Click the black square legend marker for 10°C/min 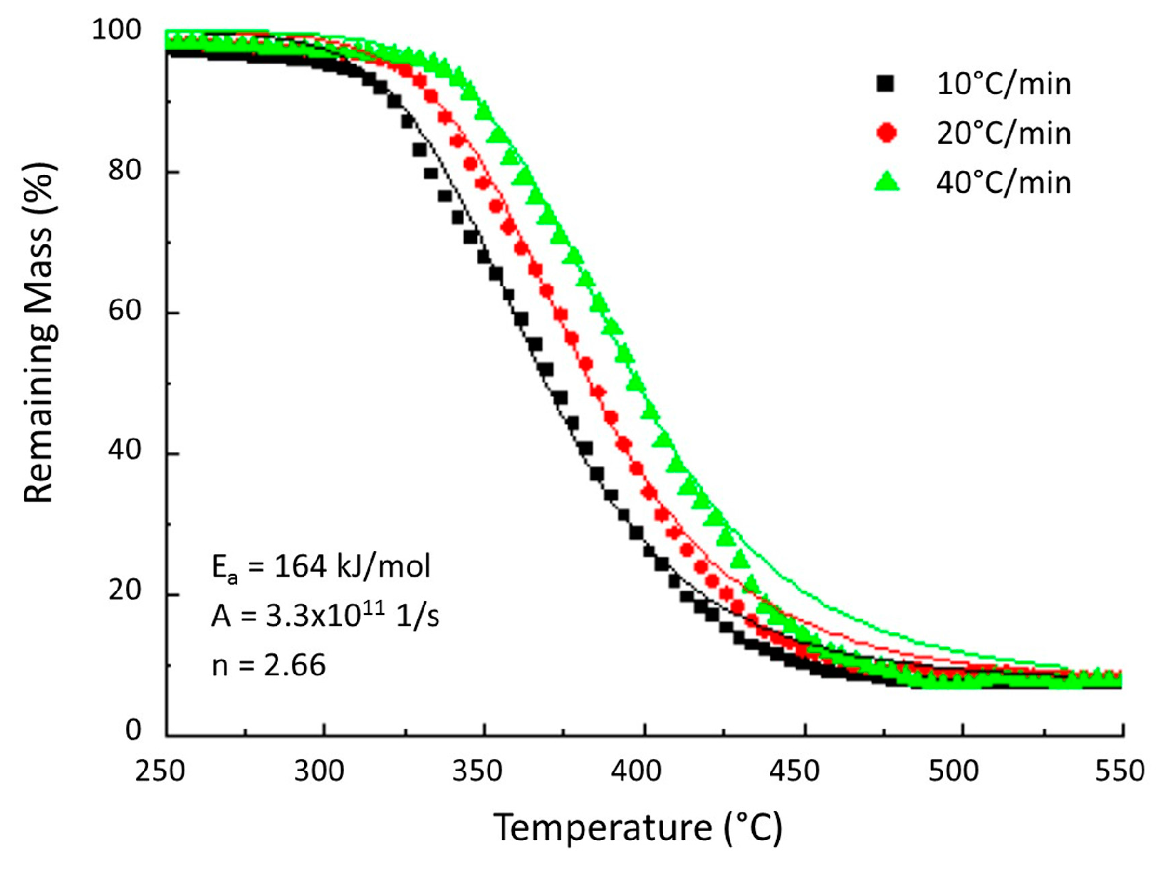coord(885,84)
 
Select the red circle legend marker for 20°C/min coord(887,133)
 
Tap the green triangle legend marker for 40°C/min coord(887,182)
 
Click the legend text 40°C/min coord(1003,183)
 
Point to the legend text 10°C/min coord(1003,85)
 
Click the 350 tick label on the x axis coord(478,771)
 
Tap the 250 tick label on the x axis coord(160,771)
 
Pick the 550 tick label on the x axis coord(1119,771)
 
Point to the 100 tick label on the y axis coord(117,31)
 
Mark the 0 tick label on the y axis coord(134,730)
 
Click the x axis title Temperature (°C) coord(638,828)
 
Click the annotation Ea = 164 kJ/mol coord(321,567)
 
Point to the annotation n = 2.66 coord(269,666)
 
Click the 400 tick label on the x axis coord(637,771)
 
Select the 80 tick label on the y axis coord(125,171)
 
